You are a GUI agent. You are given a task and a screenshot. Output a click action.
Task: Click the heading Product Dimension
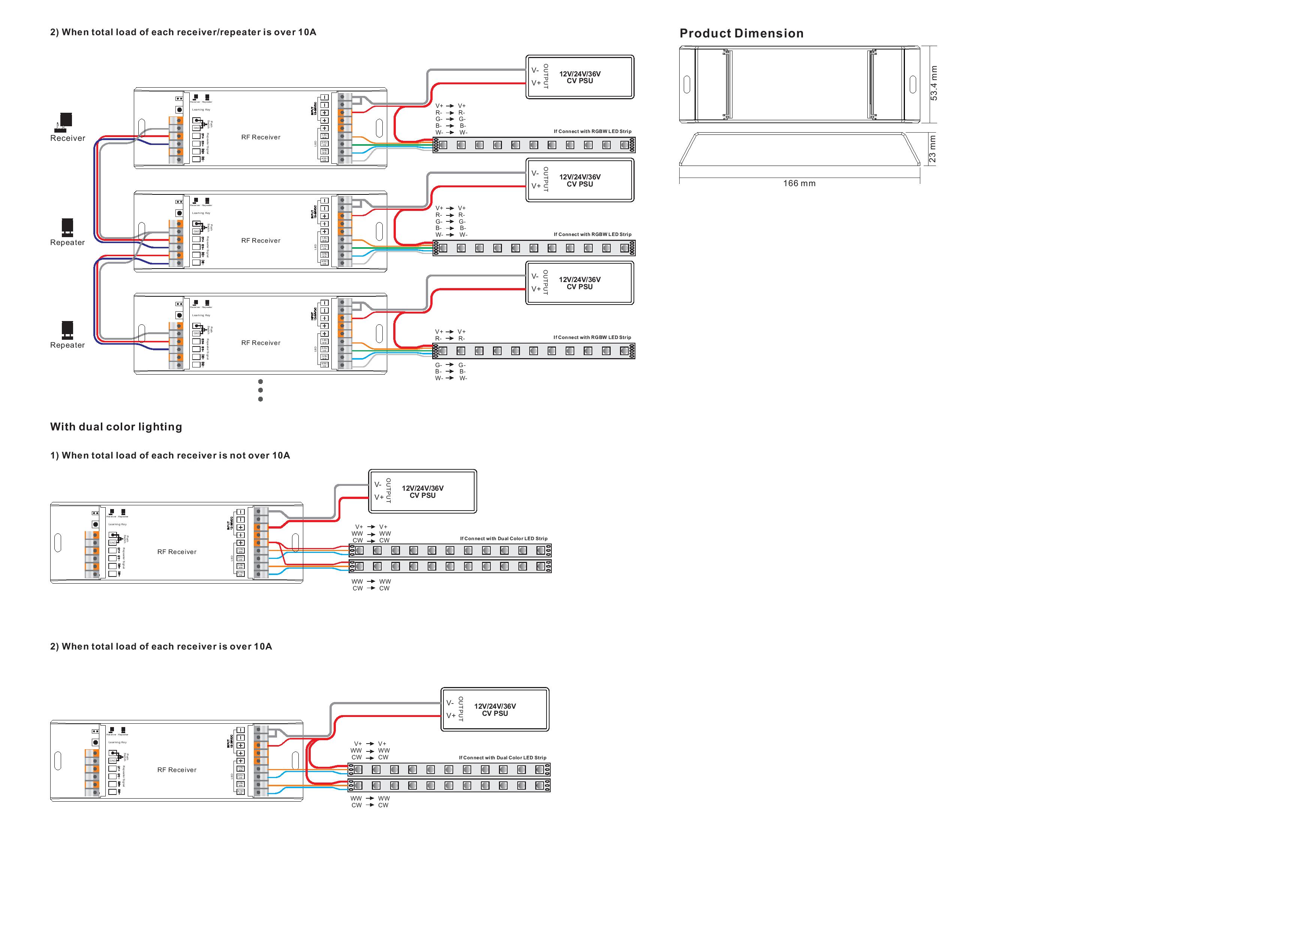741,33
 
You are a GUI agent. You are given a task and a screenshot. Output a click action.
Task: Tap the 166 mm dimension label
799,183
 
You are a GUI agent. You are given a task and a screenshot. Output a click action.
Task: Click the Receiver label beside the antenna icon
67,138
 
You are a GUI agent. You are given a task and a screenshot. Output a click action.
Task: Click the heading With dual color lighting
116,426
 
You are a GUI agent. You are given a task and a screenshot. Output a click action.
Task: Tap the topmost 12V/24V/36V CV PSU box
580,77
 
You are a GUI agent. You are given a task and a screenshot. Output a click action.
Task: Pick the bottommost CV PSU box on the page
495,710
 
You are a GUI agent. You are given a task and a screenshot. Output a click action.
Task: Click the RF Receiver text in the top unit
261,137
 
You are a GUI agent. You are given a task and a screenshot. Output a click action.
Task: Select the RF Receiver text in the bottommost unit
177,770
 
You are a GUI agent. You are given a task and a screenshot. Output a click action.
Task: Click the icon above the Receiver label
66,121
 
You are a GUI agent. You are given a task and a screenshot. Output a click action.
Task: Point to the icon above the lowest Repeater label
67,329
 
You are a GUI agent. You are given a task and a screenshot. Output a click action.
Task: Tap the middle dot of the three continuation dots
261,390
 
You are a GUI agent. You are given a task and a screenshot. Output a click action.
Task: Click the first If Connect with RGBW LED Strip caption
592,131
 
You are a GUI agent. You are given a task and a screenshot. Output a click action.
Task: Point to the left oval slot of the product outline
687,85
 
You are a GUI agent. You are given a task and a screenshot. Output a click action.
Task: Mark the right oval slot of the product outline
912,85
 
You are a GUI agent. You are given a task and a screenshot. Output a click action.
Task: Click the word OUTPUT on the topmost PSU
546,76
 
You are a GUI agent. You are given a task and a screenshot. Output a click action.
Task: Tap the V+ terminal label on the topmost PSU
536,83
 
